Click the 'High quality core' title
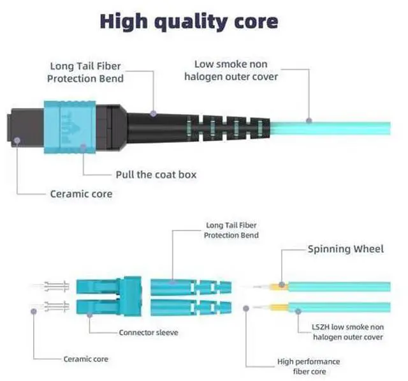[x=189, y=22]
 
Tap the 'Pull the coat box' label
[x=156, y=174]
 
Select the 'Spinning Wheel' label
[x=346, y=249]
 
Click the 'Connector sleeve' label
[x=149, y=332]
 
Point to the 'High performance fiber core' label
[x=309, y=366]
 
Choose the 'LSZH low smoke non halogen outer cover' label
[x=348, y=332]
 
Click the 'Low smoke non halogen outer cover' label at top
[x=231, y=70]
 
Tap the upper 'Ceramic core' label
[x=81, y=194]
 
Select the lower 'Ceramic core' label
[x=86, y=359]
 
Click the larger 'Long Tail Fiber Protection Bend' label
[x=85, y=72]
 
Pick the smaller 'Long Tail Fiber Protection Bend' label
[x=231, y=230]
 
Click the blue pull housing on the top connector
[x=69, y=127]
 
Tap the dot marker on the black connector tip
[x=17, y=140]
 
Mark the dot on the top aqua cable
[x=309, y=121]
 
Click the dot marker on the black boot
[x=154, y=114]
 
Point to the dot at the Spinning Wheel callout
[x=282, y=285]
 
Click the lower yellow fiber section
[x=279, y=308]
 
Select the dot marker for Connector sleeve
[x=89, y=315]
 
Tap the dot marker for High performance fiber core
[x=246, y=309]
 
